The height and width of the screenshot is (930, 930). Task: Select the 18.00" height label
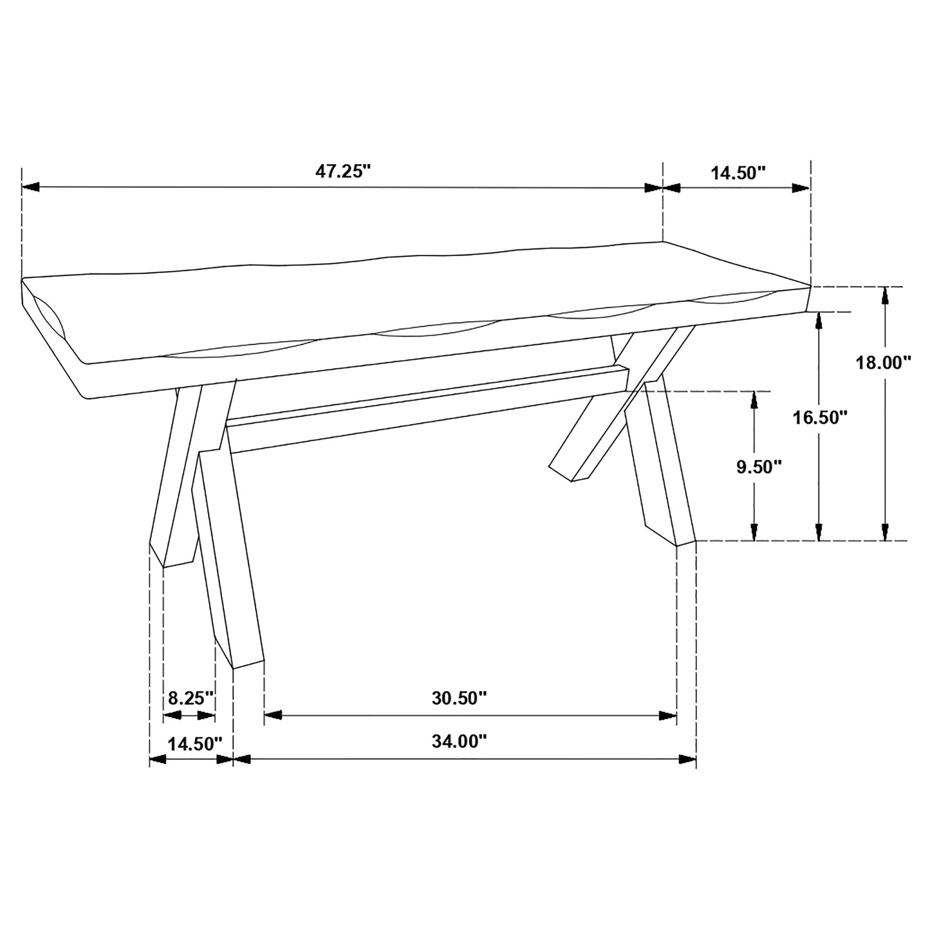tap(884, 362)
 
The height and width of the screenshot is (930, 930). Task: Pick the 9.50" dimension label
tap(759, 467)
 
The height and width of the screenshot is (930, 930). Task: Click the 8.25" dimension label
tap(190, 698)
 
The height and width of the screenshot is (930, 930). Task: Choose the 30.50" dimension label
tap(459, 698)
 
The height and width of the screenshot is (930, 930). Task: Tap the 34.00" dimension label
tap(459, 742)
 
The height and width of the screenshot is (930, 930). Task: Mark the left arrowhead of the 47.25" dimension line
tap(31, 187)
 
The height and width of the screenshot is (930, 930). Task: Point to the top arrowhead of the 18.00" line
tap(886, 296)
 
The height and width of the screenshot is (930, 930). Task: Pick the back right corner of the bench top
tap(664, 243)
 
